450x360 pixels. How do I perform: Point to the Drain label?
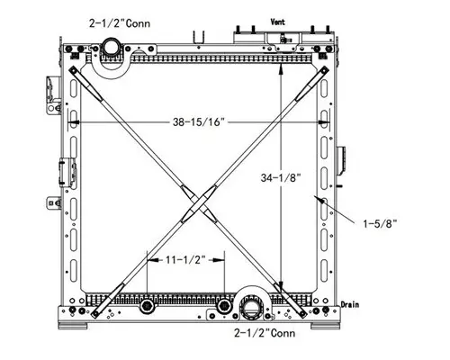348,303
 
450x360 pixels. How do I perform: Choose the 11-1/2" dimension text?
186,260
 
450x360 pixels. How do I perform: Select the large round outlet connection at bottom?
252,310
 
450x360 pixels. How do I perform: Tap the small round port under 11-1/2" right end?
224,308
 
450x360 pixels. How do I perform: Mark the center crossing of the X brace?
194,200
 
